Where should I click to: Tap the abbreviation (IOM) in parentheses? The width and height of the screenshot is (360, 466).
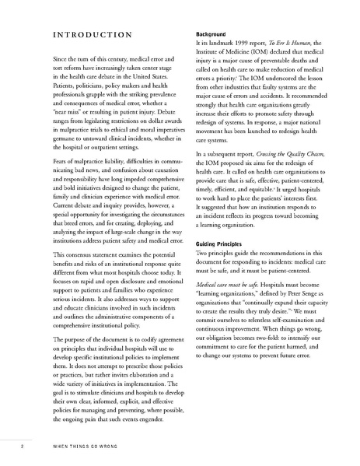(263, 54)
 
